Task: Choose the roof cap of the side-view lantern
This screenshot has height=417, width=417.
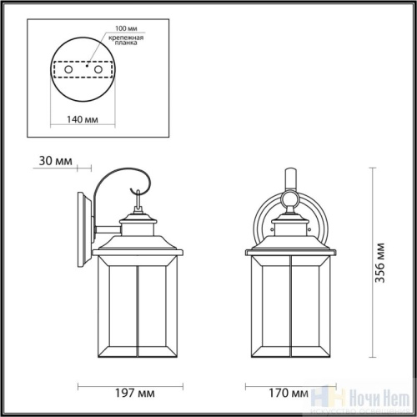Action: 138,242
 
